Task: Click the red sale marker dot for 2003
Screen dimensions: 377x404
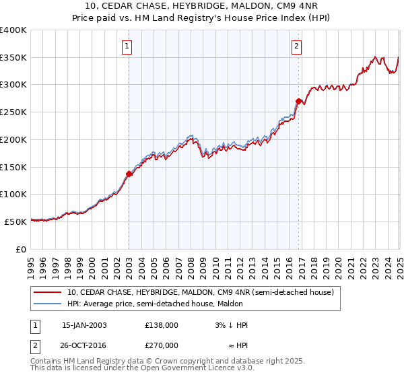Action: (x=129, y=174)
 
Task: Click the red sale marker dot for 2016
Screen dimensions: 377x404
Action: (x=298, y=101)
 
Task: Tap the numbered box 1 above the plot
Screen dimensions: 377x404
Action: (x=127, y=46)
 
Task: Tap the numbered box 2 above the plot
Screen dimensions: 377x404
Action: (x=297, y=46)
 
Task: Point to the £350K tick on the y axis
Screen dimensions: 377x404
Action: (x=14, y=58)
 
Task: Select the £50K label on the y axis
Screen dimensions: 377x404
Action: (x=17, y=221)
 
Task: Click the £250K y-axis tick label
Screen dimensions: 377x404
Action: (x=14, y=112)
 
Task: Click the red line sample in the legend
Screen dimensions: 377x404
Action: (x=46, y=292)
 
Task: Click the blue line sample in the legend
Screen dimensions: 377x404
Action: (x=46, y=304)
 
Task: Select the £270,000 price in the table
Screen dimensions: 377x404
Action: (x=161, y=345)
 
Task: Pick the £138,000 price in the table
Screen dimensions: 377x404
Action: (x=161, y=325)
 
